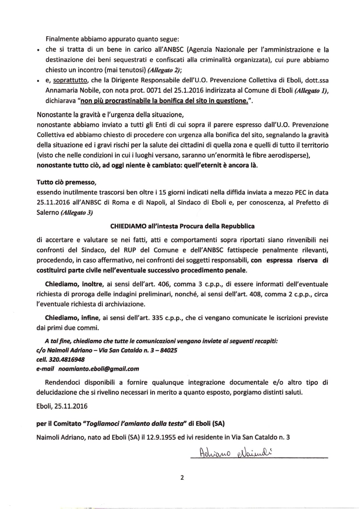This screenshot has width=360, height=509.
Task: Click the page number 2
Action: [x=182, y=478]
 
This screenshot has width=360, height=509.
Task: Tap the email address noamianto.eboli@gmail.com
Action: [x=99, y=369]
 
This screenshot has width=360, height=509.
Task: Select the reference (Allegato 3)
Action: [x=76, y=213]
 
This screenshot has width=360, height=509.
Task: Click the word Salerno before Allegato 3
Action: [x=48, y=213]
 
